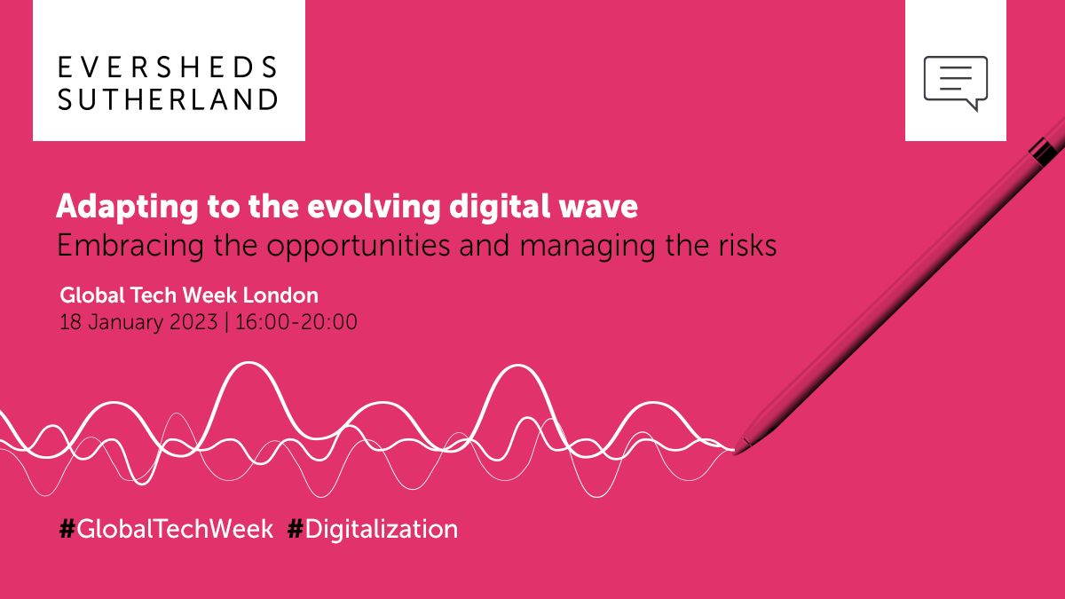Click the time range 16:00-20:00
(296, 321)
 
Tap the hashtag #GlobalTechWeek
(166, 530)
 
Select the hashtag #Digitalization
(373, 530)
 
